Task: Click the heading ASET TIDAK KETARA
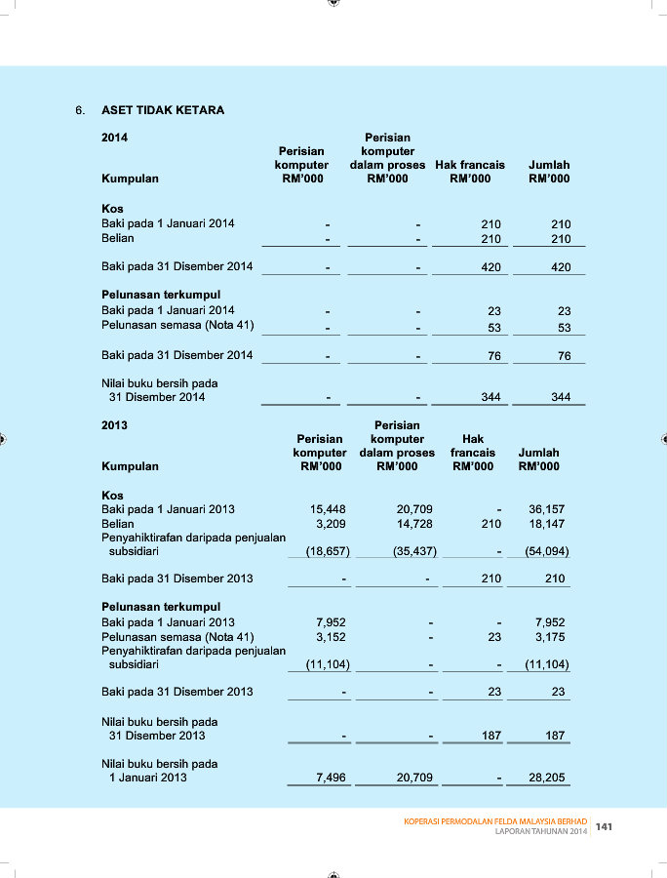click(x=163, y=110)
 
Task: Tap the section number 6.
click(x=80, y=110)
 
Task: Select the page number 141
click(x=605, y=826)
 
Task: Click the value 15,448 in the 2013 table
click(x=327, y=509)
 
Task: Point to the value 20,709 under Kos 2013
click(x=414, y=509)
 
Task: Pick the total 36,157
click(x=546, y=509)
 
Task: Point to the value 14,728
click(x=414, y=524)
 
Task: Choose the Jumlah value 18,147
click(x=546, y=524)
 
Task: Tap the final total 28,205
click(x=546, y=778)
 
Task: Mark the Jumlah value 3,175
click(x=550, y=637)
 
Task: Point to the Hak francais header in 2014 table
click(x=470, y=165)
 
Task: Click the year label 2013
click(x=114, y=425)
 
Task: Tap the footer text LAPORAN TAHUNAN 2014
click(x=541, y=832)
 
